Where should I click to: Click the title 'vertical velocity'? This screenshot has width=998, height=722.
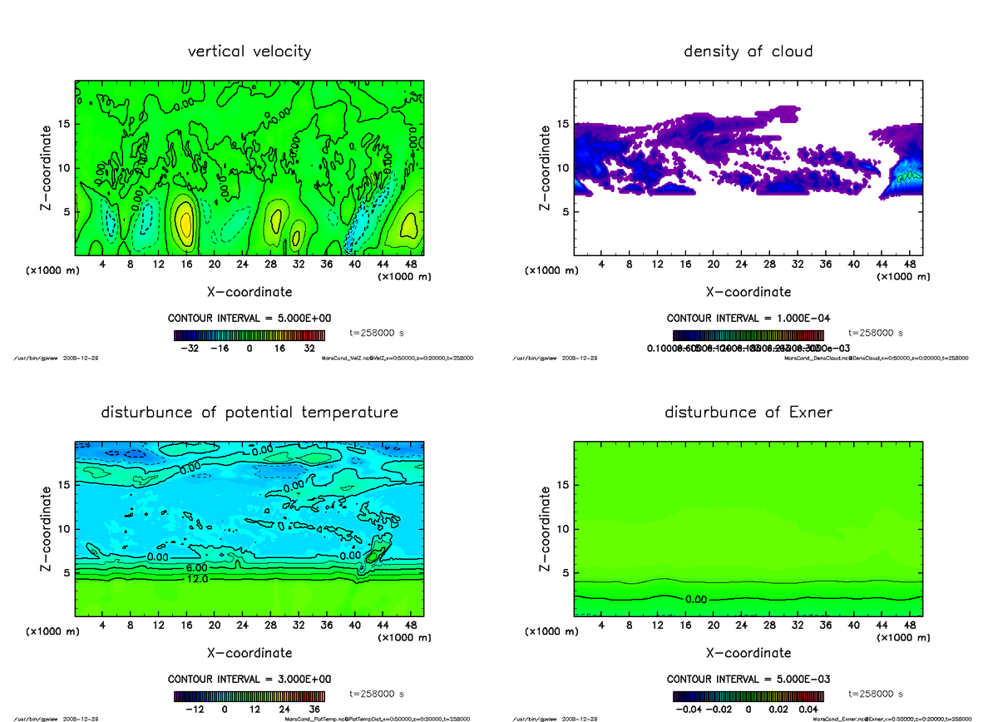click(x=249, y=52)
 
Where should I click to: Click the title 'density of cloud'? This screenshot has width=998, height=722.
click(x=748, y=52)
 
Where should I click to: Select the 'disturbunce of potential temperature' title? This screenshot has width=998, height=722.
click(x=249, y=413)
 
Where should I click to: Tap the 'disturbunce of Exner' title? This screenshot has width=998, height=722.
click(x=748, y=413)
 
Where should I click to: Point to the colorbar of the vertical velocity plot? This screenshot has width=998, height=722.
click(x=249, y=335)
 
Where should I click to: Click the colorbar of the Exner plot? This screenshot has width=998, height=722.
click(x=748, y=696)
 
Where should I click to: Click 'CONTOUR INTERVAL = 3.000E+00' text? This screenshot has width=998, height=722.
click(x=249, y=679)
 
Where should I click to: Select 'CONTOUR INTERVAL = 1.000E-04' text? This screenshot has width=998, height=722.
click(x=748, y=318)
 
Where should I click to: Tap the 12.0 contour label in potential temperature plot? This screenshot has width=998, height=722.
click(x=197, y=579)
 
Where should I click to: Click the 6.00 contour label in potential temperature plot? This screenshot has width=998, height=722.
click(x=196, y=567)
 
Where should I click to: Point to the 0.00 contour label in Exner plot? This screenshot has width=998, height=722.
click(x=696, y=599)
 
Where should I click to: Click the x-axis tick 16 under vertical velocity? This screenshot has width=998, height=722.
click(x=186, y=265)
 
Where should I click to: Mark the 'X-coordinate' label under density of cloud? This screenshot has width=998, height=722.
click(x=748, y=292)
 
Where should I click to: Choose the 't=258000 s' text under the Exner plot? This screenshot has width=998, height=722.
click(x=875, y=693)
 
